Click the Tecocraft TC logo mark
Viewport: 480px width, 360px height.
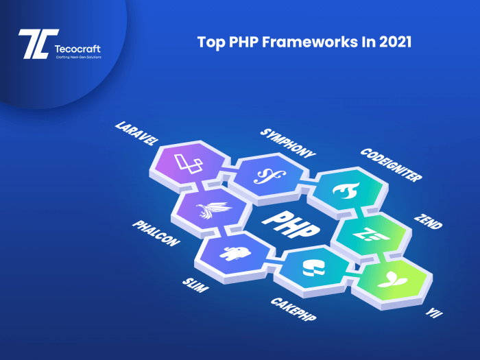click(32, 45)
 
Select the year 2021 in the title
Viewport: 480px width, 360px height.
click(393, 43)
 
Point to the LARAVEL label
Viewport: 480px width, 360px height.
click(137, 135)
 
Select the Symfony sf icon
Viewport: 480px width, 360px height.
click(265, 176)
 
